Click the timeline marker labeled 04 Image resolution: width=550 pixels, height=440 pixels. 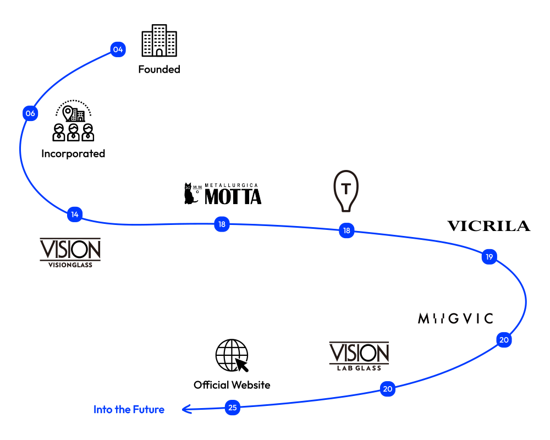coord(118,50)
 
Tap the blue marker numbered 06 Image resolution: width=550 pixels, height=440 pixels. coord(30,114)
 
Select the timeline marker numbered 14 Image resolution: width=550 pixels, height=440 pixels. coord(75,214)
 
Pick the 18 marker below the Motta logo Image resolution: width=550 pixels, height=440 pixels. coord(222,224)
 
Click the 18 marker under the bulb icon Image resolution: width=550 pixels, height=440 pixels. coord(346,230)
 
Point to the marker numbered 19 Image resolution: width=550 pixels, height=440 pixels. coord(489,256)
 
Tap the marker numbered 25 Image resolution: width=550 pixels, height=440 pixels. coord(233,408)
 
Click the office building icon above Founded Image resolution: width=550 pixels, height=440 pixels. coord(159,40)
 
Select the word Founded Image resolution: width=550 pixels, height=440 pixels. coord(159,69)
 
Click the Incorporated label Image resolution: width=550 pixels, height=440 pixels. coord(73,153)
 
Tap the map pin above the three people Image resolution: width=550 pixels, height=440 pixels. coord(68,113)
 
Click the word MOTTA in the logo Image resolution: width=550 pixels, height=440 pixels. coord(233,196)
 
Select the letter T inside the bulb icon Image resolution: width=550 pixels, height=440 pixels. coord(346,189)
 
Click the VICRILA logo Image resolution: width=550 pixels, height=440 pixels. coord(488,226)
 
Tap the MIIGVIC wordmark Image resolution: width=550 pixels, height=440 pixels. coord(455,318)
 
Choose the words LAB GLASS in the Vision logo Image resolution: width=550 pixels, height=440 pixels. coord(359,367)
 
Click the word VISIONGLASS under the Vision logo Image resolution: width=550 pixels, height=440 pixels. coord(70,265)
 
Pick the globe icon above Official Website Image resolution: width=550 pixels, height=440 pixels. coord(232,355)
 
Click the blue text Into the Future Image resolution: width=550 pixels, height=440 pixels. coord(129,409)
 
